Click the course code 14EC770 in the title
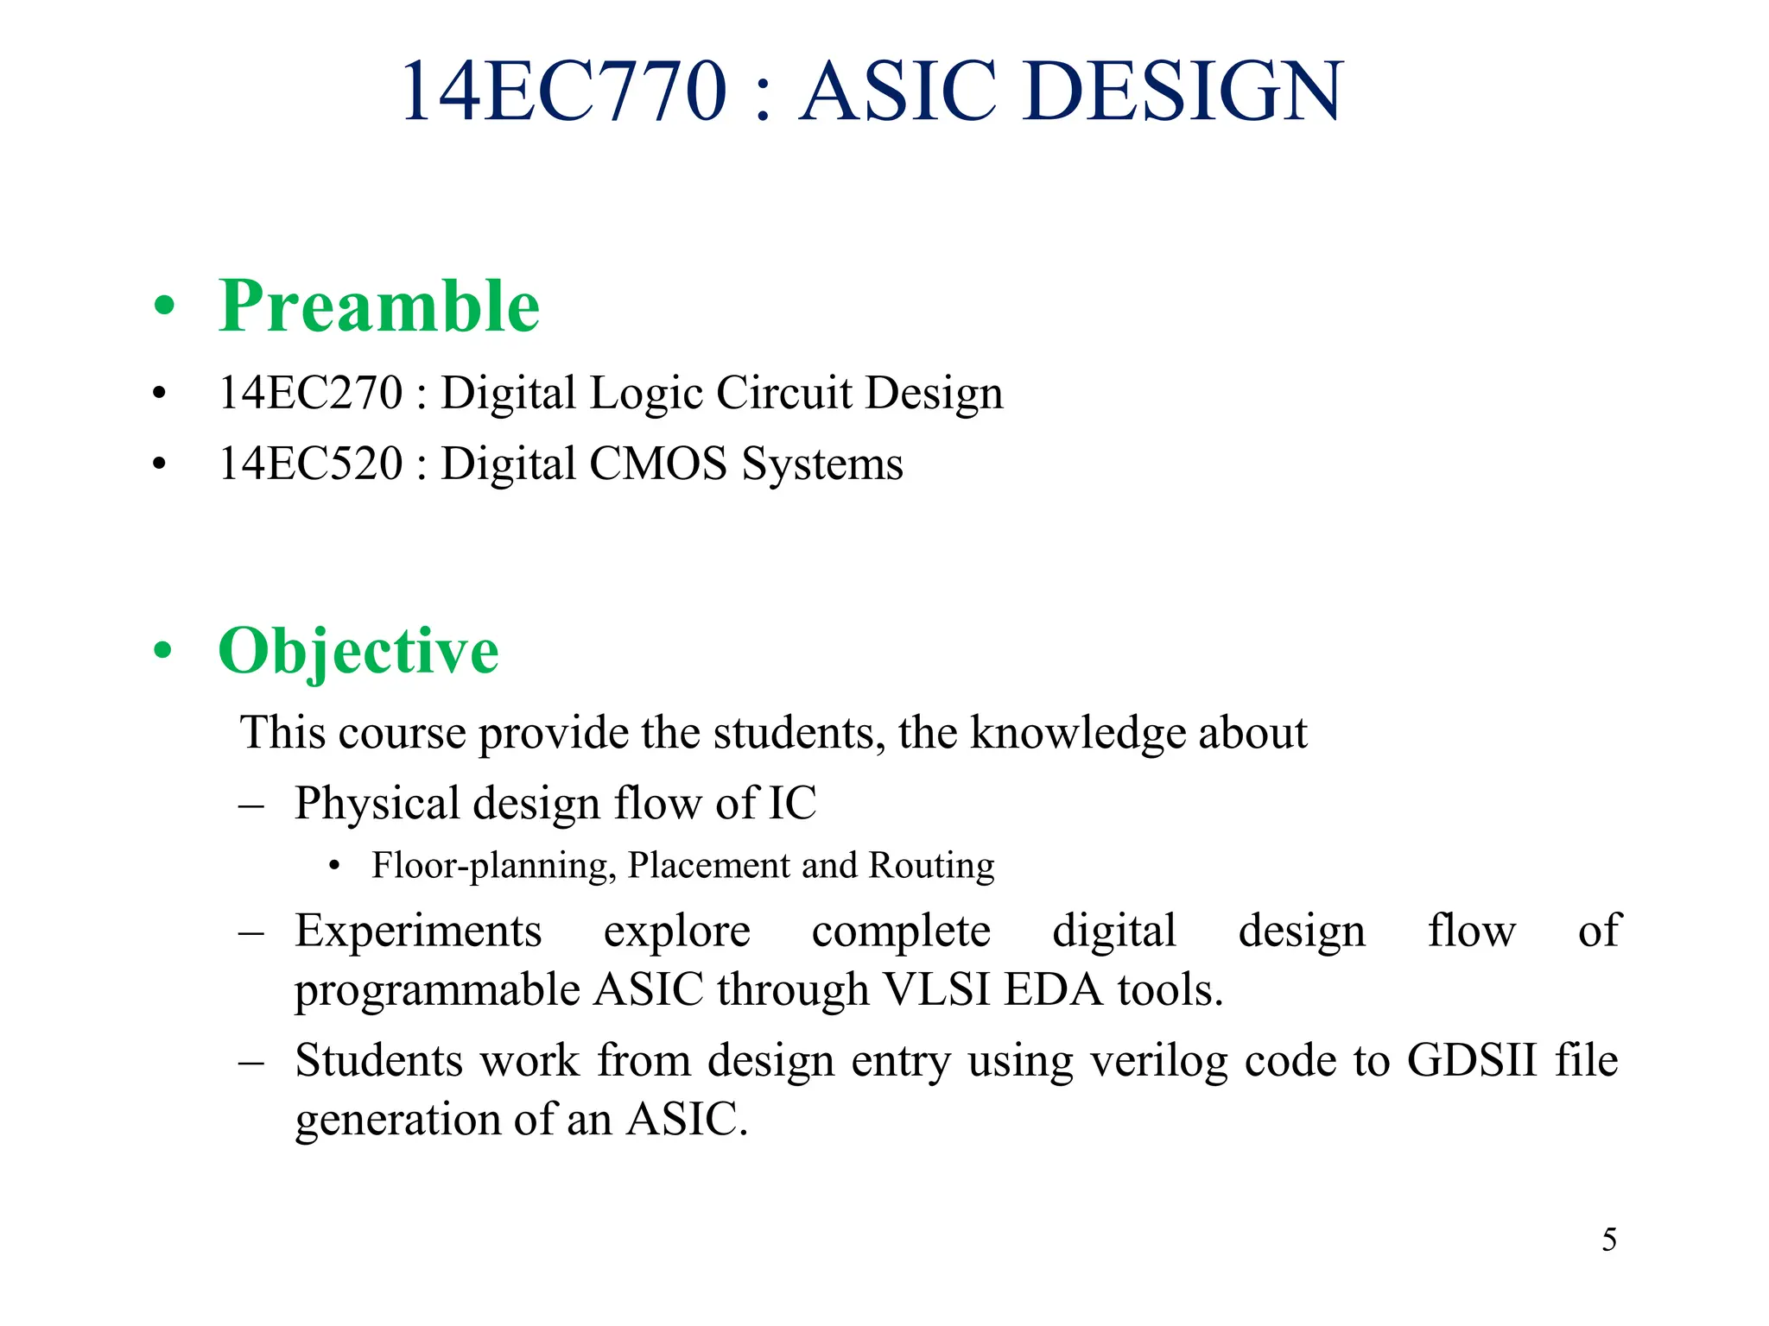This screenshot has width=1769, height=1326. tap(563, 91)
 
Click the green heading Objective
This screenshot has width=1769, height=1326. tap(358, 651)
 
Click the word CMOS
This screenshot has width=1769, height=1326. tap(658, 464)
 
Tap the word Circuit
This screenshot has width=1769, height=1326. tap(783, 393)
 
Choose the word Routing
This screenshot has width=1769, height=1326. tap(931, 866)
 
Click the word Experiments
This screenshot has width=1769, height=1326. tap(418, 931)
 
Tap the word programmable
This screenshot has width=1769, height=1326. tap(436, 990)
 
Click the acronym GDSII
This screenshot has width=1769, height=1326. tap(1472, 1061)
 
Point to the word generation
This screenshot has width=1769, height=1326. tap(396, 1120)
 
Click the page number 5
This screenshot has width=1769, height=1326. tap(1609, 1241)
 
